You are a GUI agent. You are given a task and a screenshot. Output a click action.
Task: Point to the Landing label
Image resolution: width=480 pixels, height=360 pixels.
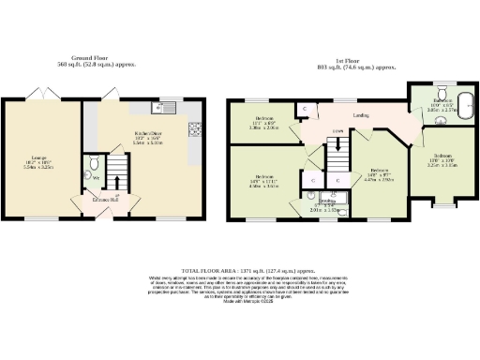[360, 115]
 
